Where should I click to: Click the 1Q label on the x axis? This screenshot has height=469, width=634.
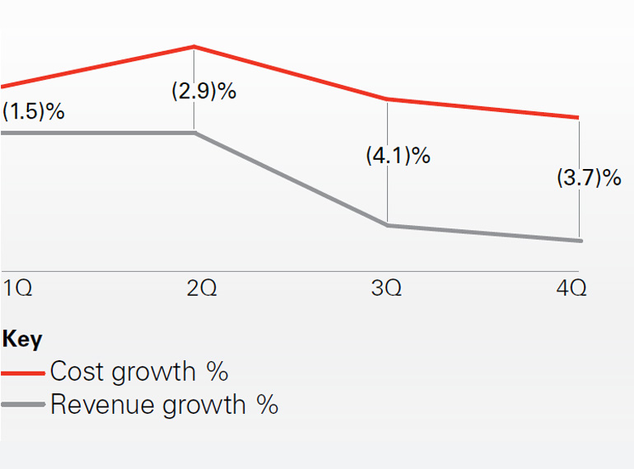(17, 289)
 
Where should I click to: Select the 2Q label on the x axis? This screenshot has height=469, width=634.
(202, 289)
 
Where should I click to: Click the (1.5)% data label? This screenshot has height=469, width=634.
(33, 111)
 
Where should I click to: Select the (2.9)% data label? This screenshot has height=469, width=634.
(203, 91)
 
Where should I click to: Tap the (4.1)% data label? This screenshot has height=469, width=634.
(398, 155)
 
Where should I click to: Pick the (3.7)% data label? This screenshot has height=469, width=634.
(589, 177)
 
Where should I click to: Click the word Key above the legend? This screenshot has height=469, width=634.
(22, 340)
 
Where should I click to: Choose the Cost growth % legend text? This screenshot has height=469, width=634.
(138, 372)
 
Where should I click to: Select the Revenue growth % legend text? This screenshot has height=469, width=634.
(164, 405)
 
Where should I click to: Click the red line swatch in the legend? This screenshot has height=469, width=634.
(24, 373)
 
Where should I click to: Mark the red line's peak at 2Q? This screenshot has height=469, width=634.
(194, 47)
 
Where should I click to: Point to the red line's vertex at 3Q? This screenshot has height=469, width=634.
(387, 100)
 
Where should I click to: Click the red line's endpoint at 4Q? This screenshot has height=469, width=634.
(579, 118)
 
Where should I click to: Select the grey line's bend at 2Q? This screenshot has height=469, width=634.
(194, 132)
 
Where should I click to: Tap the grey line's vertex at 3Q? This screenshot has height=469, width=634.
(387, 224)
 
